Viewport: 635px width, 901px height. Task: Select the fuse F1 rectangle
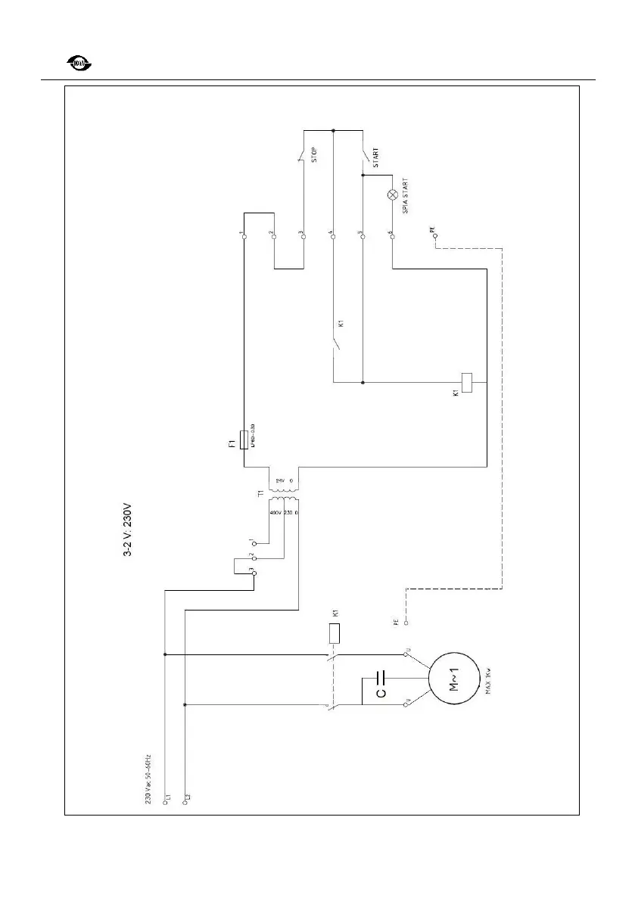click(x=243, y=439)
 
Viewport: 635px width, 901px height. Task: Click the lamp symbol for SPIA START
click(x=392, y=194)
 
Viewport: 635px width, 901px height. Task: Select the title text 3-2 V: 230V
click(x=128, y=530)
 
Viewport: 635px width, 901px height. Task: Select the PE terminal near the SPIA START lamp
click(x=435, y=236)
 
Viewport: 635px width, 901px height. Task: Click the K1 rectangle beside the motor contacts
click(x=333, y=632)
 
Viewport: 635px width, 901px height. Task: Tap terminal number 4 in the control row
click(x=333, y=237)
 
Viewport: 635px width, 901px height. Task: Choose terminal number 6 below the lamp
click(x=392, y=237)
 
